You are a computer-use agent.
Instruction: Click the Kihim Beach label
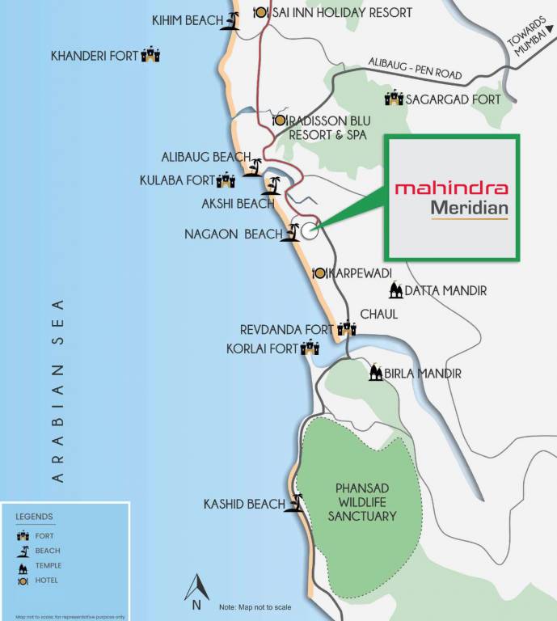[x=188, y=19]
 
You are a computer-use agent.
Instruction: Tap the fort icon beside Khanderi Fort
[x=151, y=56]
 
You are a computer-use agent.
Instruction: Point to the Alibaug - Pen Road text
[x=414, y=68]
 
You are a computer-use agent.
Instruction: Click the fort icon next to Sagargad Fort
[x=394, y=99]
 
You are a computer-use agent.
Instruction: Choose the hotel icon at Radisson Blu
[x=280, y=120]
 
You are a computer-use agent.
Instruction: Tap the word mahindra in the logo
[x=451, y=188]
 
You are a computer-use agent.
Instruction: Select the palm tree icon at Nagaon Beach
[x=291, y=233]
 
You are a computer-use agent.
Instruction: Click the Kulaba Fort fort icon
[x=226, y=180]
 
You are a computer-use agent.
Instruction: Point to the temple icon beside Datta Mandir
[x=395, y=290]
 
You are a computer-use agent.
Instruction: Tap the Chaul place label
[x=379, y=314]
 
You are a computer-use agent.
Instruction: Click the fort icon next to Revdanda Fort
[x=347, y=328]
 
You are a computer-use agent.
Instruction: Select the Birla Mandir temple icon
[x=375, y=373]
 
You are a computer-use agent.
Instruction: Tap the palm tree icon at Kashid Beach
[x=296, y=503]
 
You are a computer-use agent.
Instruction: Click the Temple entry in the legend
[x=48, y=565]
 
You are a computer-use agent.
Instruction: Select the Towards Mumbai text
[x=530, y=40]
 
